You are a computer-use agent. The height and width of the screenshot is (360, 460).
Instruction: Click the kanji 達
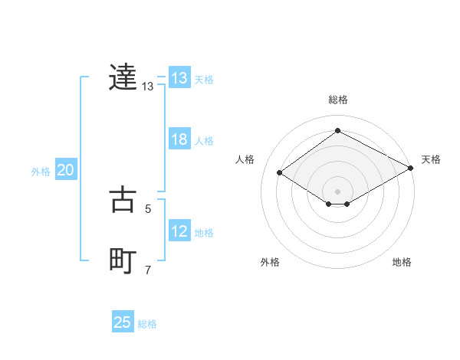123,77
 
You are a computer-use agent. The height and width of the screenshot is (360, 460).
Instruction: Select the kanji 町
123,261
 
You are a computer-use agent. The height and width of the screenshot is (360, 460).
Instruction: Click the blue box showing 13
179,78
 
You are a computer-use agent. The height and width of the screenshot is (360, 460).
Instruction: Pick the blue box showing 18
179,139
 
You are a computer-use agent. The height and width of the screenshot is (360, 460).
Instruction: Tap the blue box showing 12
179,231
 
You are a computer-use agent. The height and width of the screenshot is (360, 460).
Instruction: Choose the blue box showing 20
65,170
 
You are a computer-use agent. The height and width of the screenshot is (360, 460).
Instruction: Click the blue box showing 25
123,322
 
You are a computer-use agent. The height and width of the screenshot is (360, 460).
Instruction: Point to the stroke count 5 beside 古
148,208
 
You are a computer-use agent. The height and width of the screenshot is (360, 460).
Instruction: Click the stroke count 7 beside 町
148,270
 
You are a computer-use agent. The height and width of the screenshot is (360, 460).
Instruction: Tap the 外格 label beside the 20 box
41,172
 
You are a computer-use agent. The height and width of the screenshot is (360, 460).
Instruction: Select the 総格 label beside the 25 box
147,324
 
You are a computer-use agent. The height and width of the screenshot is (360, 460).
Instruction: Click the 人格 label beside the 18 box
204,141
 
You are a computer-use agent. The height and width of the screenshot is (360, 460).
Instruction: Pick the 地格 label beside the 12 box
204,233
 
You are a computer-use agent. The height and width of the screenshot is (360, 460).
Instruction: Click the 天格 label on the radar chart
431,159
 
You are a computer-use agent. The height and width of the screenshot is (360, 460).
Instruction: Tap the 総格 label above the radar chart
337,100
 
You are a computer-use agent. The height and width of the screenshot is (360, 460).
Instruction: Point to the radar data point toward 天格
412,168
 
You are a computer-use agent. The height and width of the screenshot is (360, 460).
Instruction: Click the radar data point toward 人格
280,173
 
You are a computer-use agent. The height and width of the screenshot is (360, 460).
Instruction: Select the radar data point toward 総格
337,131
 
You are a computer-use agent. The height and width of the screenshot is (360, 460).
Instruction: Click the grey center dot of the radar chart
337,191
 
